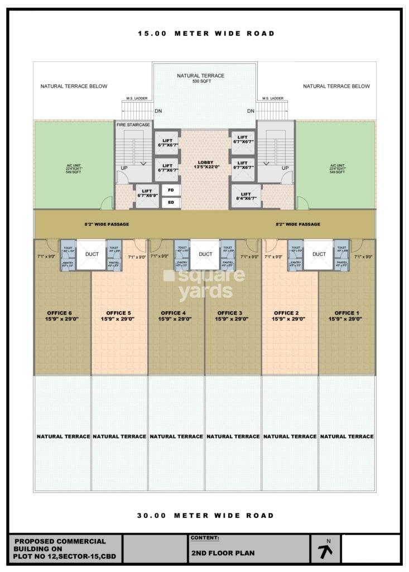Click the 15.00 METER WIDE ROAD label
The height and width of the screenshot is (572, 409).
point(206,34)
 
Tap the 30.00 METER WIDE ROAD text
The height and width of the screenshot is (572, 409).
point(206,516)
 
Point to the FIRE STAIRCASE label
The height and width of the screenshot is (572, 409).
point(133,125)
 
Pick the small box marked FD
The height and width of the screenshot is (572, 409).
point(171,190)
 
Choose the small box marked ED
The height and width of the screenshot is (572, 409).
point(171,203)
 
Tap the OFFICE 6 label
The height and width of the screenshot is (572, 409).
point(62,316)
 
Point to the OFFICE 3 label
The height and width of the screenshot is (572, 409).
point(233,316)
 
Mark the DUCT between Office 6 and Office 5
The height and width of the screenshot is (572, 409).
point(92,254)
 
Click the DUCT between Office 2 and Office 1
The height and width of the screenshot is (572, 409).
point(319,254)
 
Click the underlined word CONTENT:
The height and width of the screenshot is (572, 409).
point(205,538)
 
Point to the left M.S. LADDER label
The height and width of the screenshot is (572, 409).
point(137,98)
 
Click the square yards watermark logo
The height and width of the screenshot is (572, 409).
point(204,284)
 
